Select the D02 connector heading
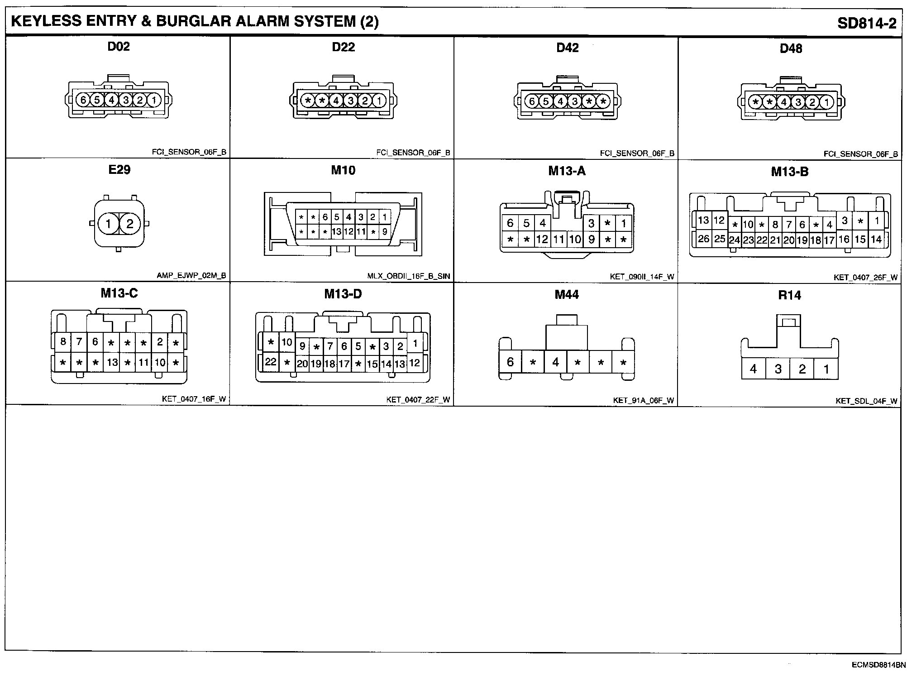click(x=119, y=47)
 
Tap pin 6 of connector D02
click(x=83, y=100)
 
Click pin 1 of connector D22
click(x=379, y=101)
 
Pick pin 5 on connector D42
click(x=546, y=101)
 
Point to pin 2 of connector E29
click(x=130, y=224)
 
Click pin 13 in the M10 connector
click(x=337, y=232)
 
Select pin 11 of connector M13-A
click(x=559, y=239)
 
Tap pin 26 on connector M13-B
click(x=703, y=238)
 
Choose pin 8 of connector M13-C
click(x=63, y=341)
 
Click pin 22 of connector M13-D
click(x=271, y=362)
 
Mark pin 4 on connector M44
click(x=555, y=362)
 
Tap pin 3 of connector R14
click(x=778, y=369)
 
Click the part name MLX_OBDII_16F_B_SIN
click(x=409, y=276)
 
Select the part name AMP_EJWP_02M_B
click(x=191, y=275)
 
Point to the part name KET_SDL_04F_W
click(x=866, y=401)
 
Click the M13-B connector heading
click(x=790, y=172)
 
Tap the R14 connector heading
click(x=789, y=295)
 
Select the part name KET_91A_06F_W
click(x=643, y=400)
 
